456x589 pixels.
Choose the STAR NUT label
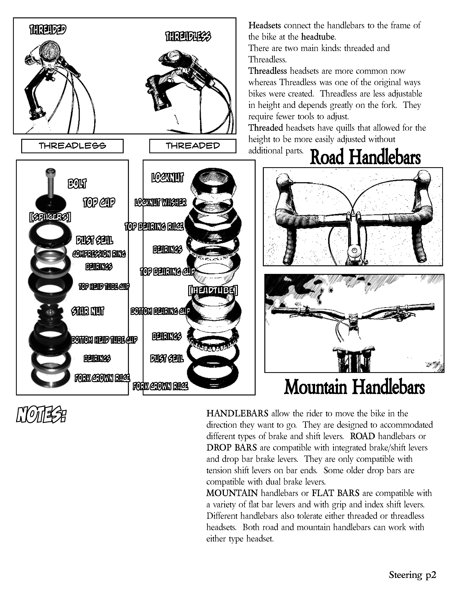tap(88, 311)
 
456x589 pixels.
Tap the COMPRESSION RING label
tap(99, 254)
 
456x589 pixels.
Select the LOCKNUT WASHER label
tap(160, 203)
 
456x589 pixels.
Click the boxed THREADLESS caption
tap(72, 146)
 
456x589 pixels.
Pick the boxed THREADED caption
tap(193, 146)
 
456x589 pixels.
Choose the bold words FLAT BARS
tap(336, 493)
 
